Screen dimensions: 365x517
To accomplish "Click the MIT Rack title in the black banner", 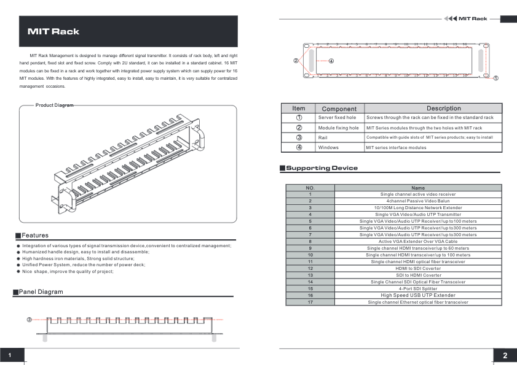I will pyautogui.click(x=53, y=31).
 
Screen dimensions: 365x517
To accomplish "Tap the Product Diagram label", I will pyautogui.click(x=54, y=106).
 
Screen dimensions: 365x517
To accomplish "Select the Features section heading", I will pyautogui.click(x=35, y=236).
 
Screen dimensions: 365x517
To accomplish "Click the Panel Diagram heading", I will pyautogui.click(x=41, y=292).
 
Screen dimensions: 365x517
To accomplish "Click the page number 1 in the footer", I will pyautogui.click(x=10, y=356).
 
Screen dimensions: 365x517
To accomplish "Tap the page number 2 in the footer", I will pyautogui.click(x=505, y=356).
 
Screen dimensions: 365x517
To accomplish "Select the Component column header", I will pyautogui.click(x=339, y=109).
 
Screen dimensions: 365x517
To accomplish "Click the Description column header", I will pyautogui.click(x=435, y=109).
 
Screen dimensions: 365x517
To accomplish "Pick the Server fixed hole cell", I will pyautogui.click(x=337, y=117).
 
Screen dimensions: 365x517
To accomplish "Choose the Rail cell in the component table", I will pyautogui.click(x=323, y=138).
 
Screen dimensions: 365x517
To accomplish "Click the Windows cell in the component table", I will pyautogui.click(x=328, y=148).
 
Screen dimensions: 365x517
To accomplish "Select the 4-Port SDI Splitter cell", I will pyautogui.click(x=418, y=288).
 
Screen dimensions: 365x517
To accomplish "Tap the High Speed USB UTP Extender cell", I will pyautogui.click(x=418, y=295).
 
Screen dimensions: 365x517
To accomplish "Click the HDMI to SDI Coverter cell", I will pyautogui.click(x=418, y=268).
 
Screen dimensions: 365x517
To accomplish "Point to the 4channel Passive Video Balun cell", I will pyautogui.click(x=418, y=201).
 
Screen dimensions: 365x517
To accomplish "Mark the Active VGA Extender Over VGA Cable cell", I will pyautogui.click(x=418, y=241).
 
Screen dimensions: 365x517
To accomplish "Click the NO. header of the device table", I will pyautogui.click(x=310, y=188).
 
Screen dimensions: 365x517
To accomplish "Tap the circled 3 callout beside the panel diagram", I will pyautogui.click(x=29, y=320).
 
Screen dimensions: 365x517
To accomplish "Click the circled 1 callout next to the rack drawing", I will pyautogui.click(x=496, y=79).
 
